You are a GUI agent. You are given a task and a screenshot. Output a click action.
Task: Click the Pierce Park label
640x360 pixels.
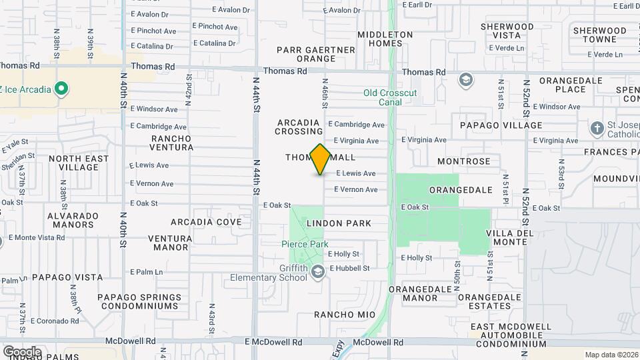(x=304, y=245)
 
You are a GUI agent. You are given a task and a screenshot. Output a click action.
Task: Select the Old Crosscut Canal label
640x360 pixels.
(x=391, y=97)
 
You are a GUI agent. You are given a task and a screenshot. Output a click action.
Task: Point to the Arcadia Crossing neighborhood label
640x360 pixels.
(x=299, y=127)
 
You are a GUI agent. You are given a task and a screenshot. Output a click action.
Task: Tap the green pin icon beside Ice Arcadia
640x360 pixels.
(x=61, y=87)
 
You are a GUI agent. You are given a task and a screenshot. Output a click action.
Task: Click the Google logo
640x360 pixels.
(x=21, y=351)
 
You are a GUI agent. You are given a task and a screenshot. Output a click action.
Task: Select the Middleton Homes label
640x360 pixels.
(x=385, y=39)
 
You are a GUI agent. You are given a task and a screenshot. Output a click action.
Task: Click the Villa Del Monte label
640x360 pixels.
(x=510, y=237)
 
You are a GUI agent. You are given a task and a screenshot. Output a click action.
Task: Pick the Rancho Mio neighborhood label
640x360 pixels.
(x=345, y=315)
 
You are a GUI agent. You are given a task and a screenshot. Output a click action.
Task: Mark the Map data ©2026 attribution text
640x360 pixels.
(x=610, y=355)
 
